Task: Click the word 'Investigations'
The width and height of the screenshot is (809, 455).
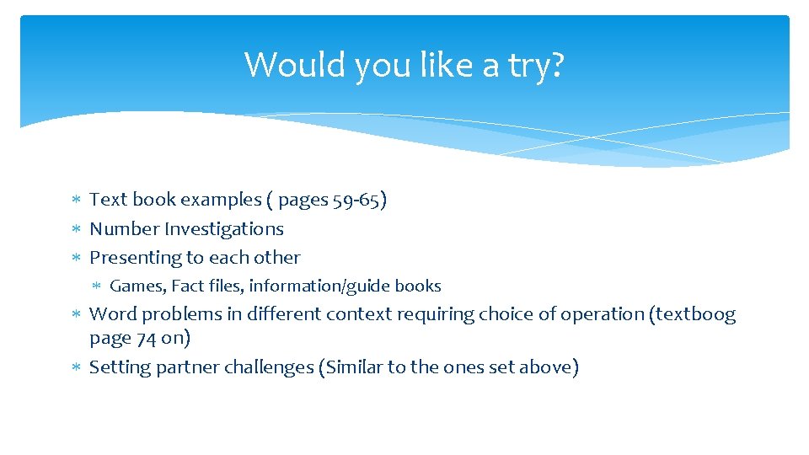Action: pyautogui.click(x=224, y=228)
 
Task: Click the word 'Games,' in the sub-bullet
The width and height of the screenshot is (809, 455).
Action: pyautogui.click(x=137, y=286)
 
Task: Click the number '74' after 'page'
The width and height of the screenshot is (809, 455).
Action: pyautogui.click(x=145, y=338)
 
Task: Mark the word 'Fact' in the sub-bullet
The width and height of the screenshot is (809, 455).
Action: pyautogui.click(x=187, y=286)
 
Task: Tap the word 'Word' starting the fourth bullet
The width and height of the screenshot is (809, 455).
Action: pyautogui.click(x=113, y=314)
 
